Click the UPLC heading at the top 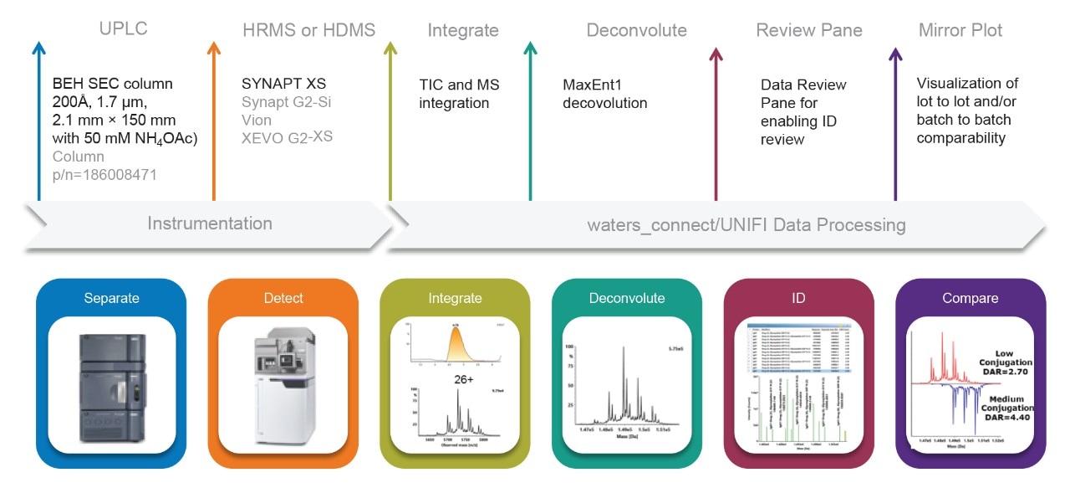(x=123, y=30)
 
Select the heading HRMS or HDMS (x=308, y=30)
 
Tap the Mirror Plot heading (x=960, y=30)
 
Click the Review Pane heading (x=808, y=30)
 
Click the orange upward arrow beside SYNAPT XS (x=214, y=117)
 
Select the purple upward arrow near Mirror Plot (x=895, y=117)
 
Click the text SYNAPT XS (x=283, y=84)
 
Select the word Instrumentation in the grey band (x=210, y=223)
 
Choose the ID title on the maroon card (x=798, y=298)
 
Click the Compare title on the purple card (x=971, y=298)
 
